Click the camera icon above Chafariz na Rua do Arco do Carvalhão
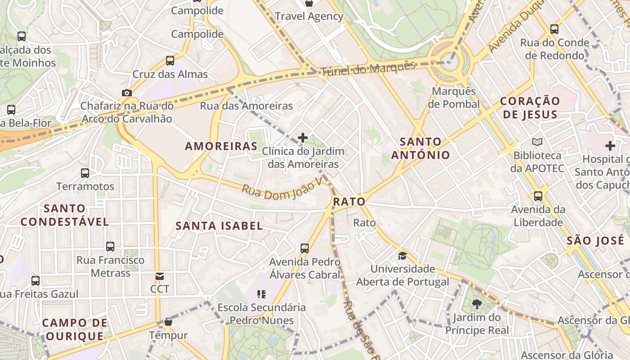pyautogui.click(x=127, y=93)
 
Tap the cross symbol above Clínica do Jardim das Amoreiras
pyautogui.click(x=303, y=137)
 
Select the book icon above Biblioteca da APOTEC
pyautogui.click(x=537, y=142)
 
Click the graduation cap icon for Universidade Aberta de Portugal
pyautogui.click(x=402, y=256)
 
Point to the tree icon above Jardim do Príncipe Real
pyautogui.click(x=477, y=304)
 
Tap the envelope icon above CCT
pyautogui.click(x=160, y=276)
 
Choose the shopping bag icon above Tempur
pyautogui.click(x=168, y=322)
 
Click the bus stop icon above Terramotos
pyautogui.click(x=85, y=173)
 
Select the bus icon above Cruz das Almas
pyautogui.click(x=170, y=60)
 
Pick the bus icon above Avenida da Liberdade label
pyautogui.click(x=538, y=196)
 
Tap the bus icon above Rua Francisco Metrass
pyautogui.click(x=110, y=247)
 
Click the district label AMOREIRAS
pyautogui.click(x=221, y=146)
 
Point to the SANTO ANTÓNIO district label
pyautogui.click(x=420, y=148)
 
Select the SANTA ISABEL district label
pyautogui.click(x=219, y=226)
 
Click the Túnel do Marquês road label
pyautogui.click(x=368, y=69)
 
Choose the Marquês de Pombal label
pyautogui.click(x=454, y=98)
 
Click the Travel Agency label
pyautogui.click(x=309, y=17)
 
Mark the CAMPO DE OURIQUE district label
pyautogui.click(x=75, y=329)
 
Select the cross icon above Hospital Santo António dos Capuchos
pyautogui.click(x=610, y=146)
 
